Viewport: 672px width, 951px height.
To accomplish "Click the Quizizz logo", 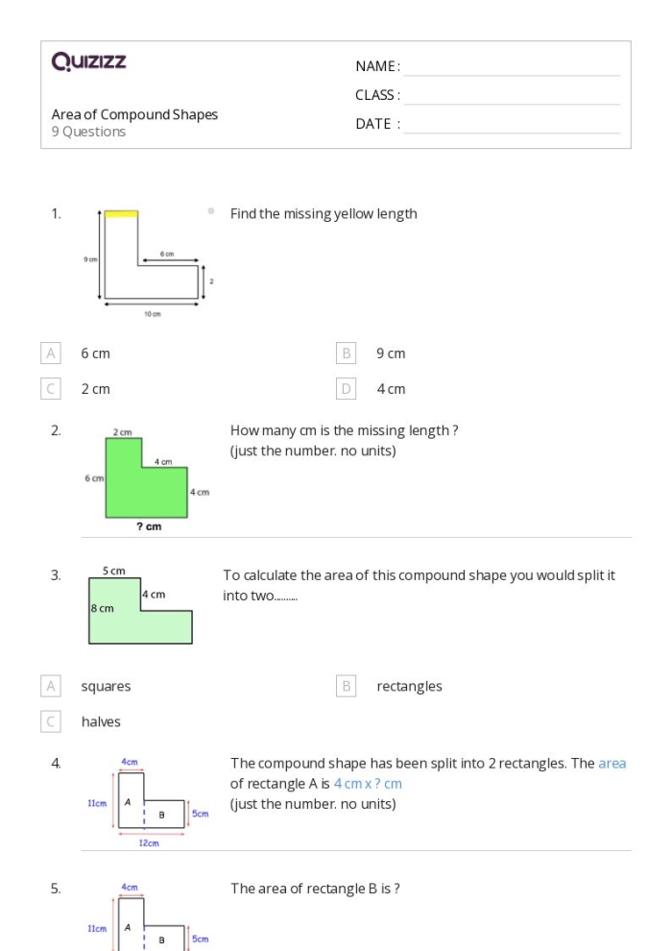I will pos(88,62).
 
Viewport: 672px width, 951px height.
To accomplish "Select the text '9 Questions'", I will pos(88,132).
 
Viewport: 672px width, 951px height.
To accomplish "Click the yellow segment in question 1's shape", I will pos(121,213).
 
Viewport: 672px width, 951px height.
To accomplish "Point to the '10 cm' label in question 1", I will pos(153,315).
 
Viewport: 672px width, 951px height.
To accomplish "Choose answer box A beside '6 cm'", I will pos(51,354).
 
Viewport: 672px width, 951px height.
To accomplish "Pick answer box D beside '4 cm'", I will pos(347,389).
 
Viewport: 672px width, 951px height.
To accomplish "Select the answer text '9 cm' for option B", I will pos(391,354).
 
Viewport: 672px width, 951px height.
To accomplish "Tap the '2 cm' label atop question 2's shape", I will pos(123,433).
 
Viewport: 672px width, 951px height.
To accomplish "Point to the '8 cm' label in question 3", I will pos(102,608).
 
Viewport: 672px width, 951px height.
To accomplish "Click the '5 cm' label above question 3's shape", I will pos(113,572).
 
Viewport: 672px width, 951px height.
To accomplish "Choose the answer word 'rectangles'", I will pos(409,687).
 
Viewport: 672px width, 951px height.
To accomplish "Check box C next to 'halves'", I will pos(51,721).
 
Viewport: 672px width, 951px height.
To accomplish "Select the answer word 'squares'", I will pos(106,687).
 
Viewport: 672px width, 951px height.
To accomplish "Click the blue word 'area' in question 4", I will pos(612,764).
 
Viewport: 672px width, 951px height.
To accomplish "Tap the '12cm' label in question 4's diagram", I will pos(148,843).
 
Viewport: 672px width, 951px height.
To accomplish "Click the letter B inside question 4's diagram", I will pos(161,815).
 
